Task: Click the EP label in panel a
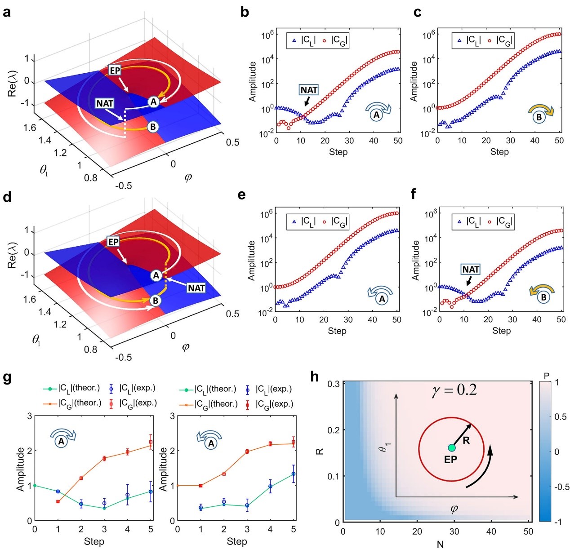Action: pyautogui.click(x=115, y=71)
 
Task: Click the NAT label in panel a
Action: pyautogui.click(x=105, y=103)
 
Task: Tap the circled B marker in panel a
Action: pyautogui.click(x=153, y=127)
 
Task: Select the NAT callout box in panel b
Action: pyautogui.click(x=309, y=90)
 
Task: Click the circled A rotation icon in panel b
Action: pyautogui.click(x=377, y=115)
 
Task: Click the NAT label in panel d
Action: pyautogui.click(x=196, y=288)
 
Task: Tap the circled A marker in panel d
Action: pyautogui.click(x=156, y=275)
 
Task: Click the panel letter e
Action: pyautogui.click(x=242, y=195)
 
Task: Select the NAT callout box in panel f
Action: pyautogui.click(x=471, y=269)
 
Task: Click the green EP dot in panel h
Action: pyautogui.click(x=451, y=448)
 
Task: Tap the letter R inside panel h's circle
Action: pyautogui.click(x=466, y=441)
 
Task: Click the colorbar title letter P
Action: pyautogui.click(x=546, y=376)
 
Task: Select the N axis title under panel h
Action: pyautogui.click(x=440, y=544)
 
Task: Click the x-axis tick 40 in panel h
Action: pyautogui.click(x=491, y=531)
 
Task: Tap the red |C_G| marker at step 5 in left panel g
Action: pyautogui.click(x=151, y=442)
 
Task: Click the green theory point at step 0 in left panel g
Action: pyautogui.click(x=35, y=486)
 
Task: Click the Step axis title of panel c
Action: pyautogui.click(x=499, y=152)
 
